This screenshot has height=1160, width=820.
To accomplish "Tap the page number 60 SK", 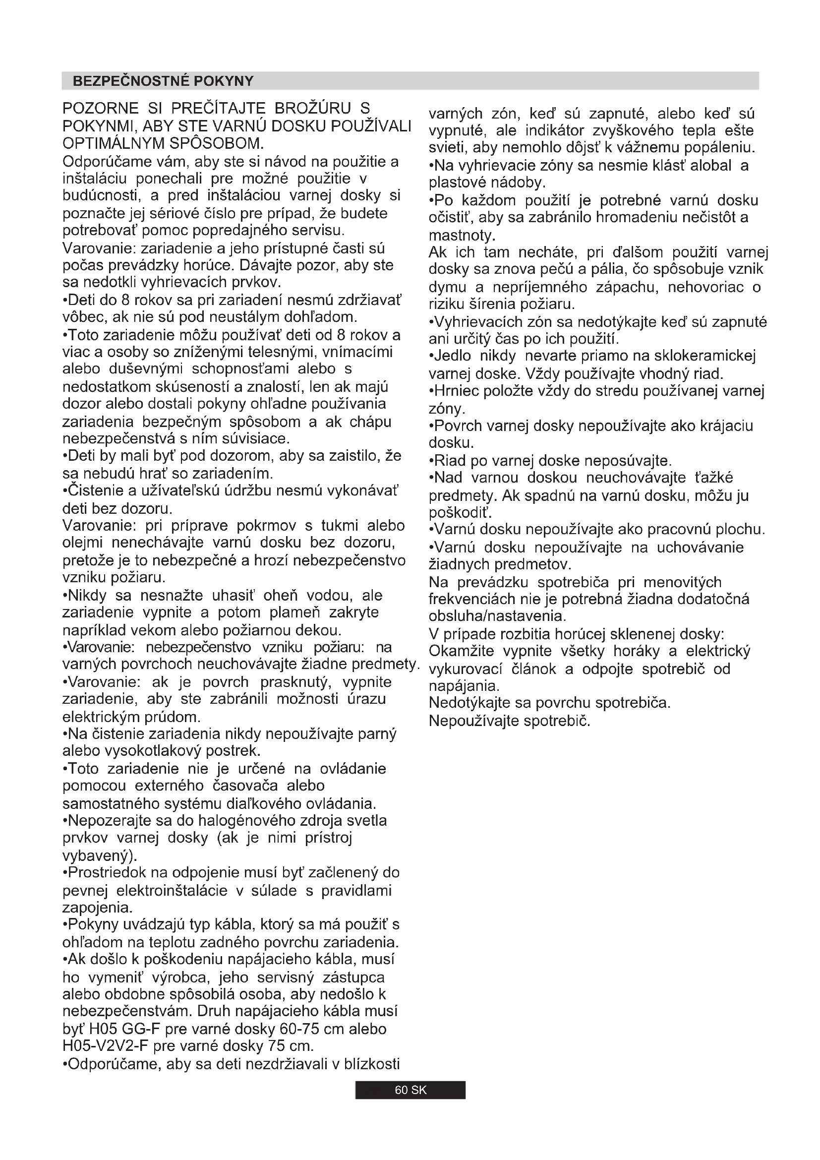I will coord(410,1090).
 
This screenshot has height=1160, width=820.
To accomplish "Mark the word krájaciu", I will coord(726,426).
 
